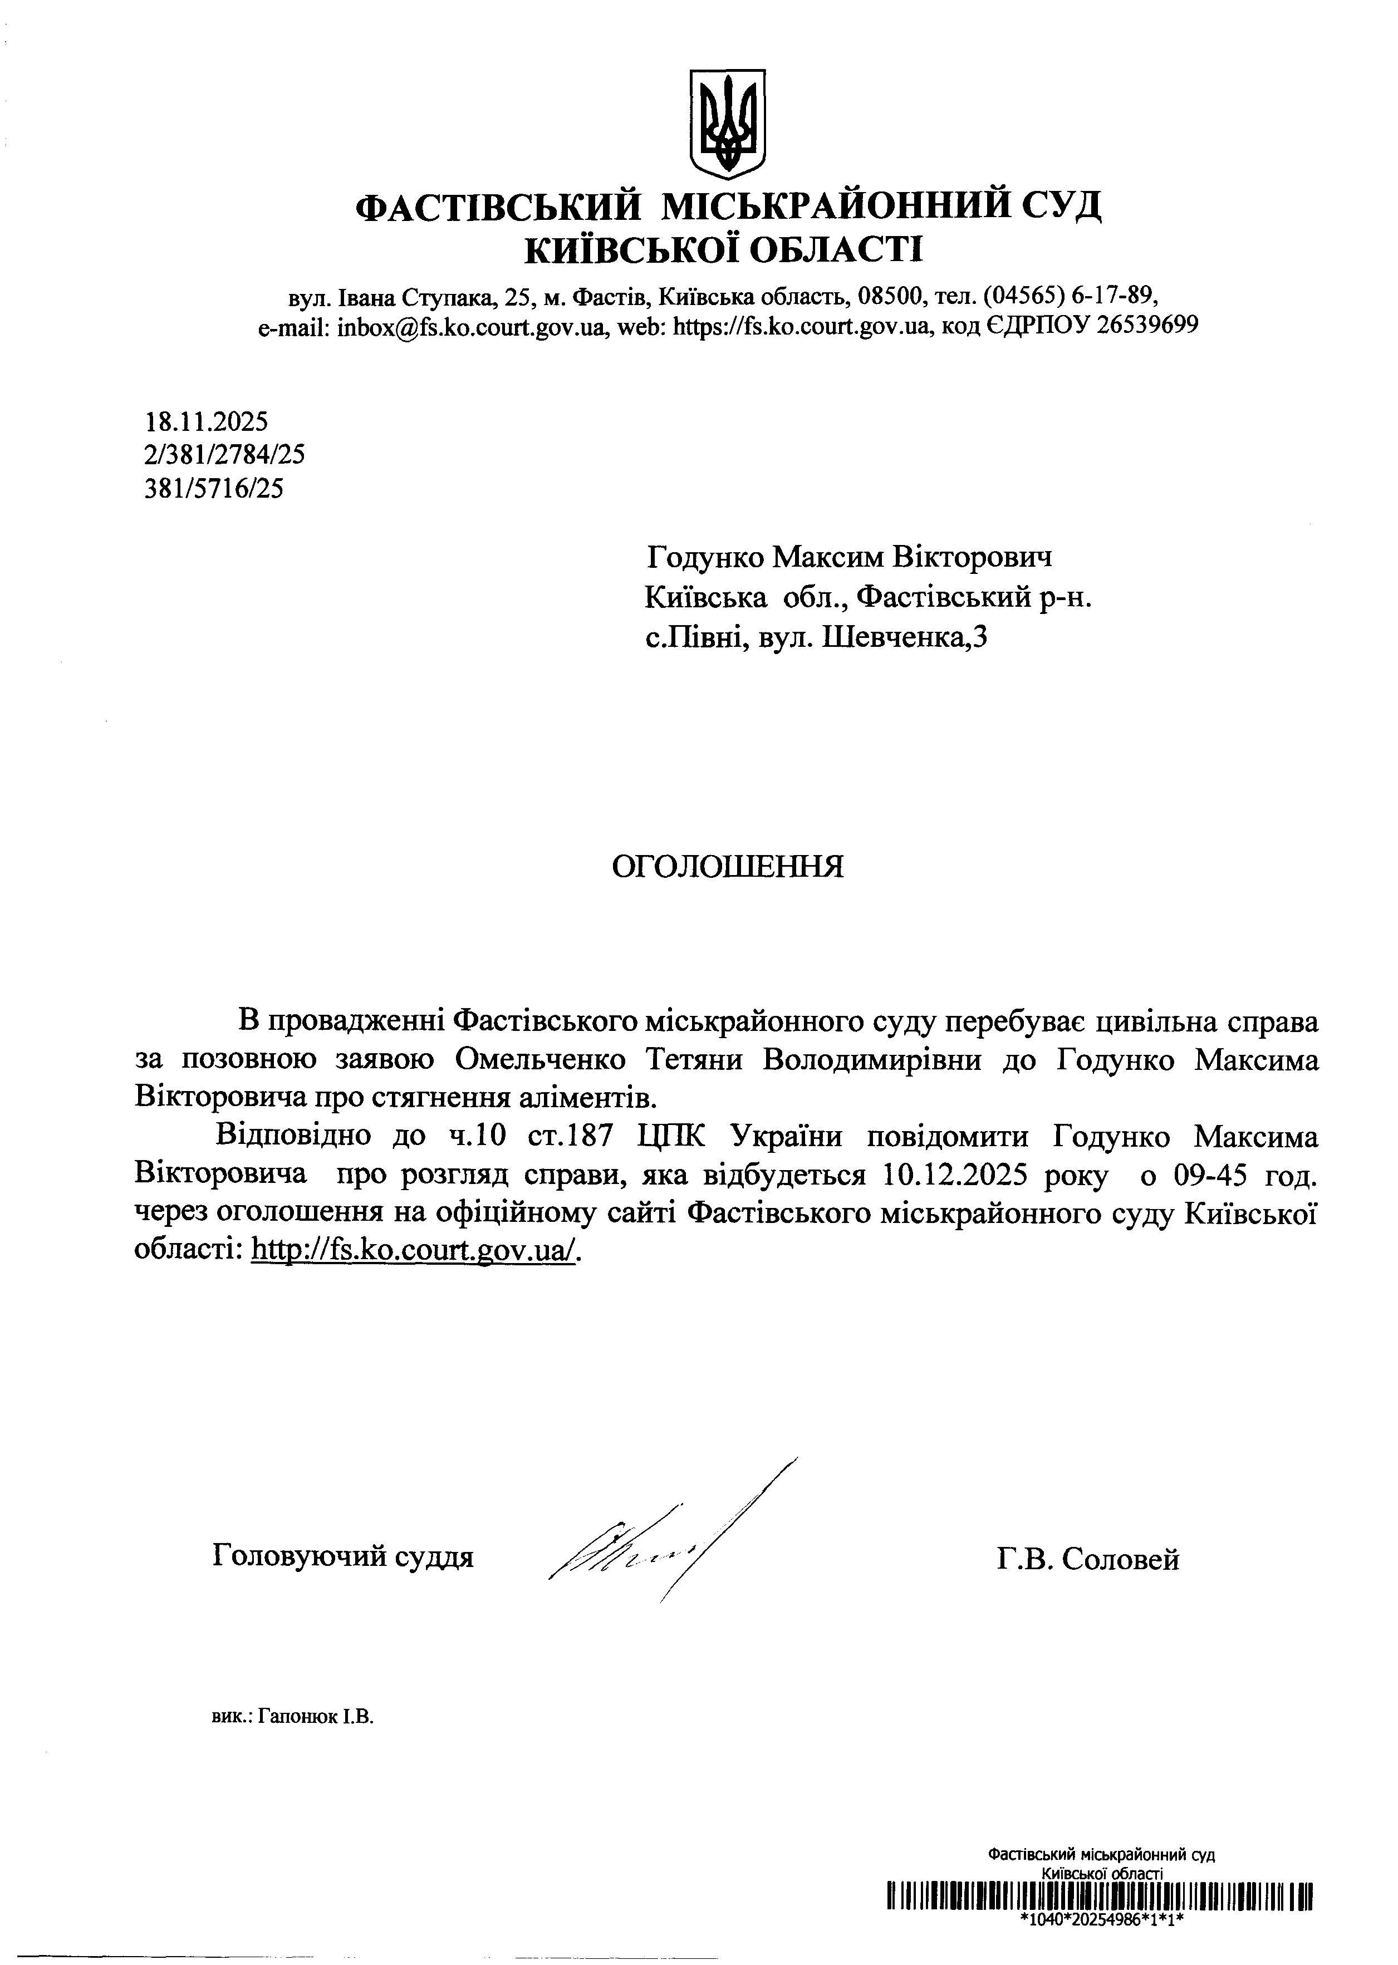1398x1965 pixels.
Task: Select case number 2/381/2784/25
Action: (x=225, y=454)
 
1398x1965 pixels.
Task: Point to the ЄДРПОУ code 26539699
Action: (x=1147, y=326)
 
